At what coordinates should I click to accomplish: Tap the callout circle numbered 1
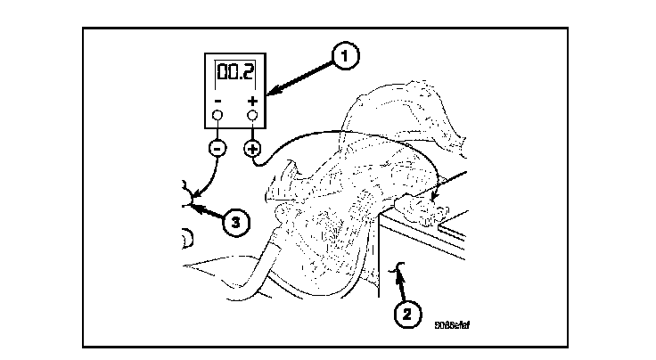coord(344,56)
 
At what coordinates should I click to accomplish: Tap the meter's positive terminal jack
coord(252,116)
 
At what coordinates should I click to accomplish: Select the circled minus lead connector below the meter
coord(217,148)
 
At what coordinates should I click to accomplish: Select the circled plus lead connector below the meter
coord(252,148)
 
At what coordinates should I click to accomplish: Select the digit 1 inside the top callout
coord(344,56)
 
